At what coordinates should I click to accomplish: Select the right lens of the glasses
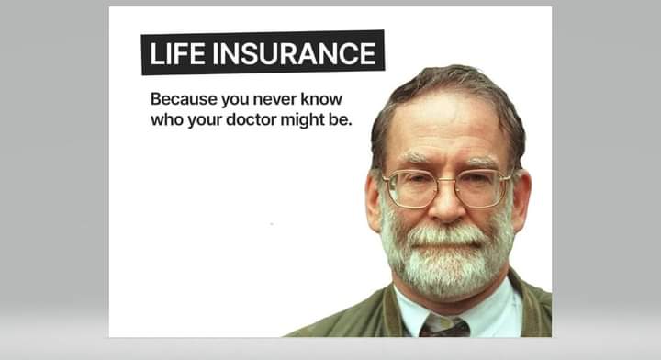click(481, 187)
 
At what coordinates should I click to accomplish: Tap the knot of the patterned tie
click(448, 327)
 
